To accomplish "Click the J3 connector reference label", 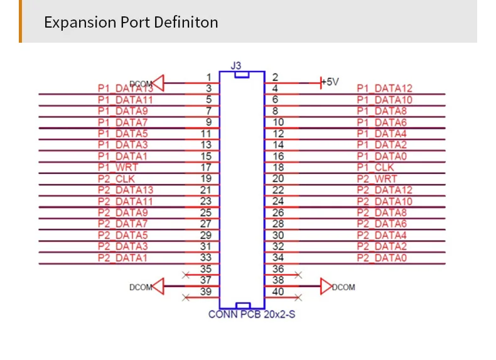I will coord(235,65).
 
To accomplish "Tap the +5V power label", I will coord(330,82).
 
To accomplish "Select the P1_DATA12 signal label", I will coord(384,89).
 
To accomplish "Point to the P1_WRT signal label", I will coord(117,167).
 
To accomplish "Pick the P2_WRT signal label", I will coord(377,178).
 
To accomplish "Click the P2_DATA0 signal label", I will coord(382,258).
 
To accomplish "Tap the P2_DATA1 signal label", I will coord(122,258).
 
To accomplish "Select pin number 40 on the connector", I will coord(278,292).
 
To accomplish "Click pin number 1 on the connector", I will coord(208,77).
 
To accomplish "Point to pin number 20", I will coord(278,178).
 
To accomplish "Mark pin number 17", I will coord(206,167).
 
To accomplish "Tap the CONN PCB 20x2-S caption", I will coord(251,314).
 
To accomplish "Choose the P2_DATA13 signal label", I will coord(126,190).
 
